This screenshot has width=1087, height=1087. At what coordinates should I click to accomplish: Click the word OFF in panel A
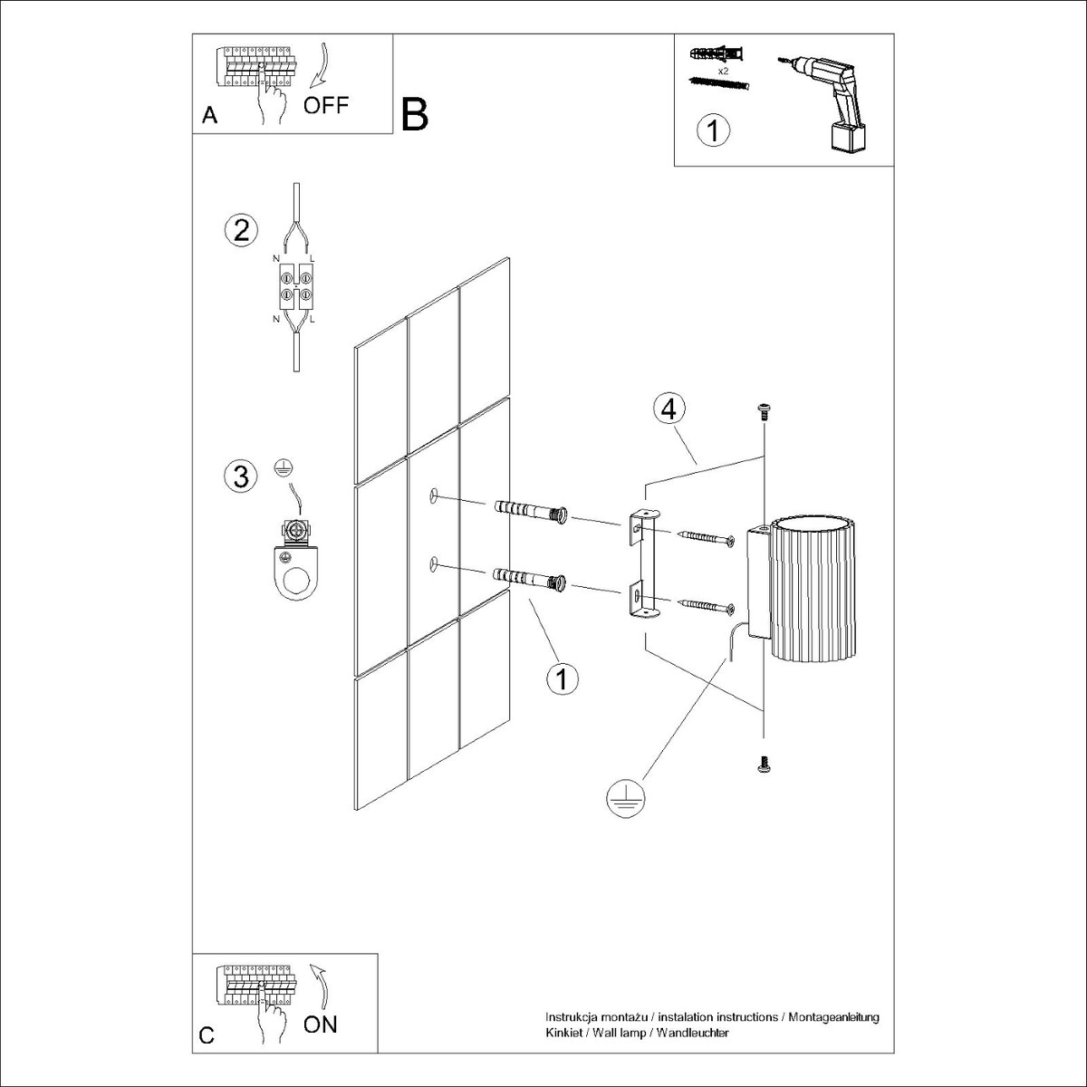tap(325, 105)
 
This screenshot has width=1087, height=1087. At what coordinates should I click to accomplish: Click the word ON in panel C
tap(320, 1024)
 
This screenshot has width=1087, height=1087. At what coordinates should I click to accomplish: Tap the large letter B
tap(414, 115)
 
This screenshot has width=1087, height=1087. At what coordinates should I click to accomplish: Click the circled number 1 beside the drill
tap(713, 130)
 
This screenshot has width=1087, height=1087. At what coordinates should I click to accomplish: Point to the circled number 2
tap(240, 230)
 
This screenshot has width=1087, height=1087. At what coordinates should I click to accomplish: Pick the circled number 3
tap(240, 476)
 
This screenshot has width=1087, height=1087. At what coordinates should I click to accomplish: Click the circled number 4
tap(668, 409)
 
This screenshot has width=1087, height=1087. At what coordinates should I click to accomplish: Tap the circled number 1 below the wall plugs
tap(563, 678)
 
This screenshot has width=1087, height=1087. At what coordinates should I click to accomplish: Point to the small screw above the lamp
tap(764, 412)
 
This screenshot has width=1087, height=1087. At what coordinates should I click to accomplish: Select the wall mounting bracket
tap(642, 568)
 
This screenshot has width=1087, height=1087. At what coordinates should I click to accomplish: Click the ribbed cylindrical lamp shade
tap(808, 586)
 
